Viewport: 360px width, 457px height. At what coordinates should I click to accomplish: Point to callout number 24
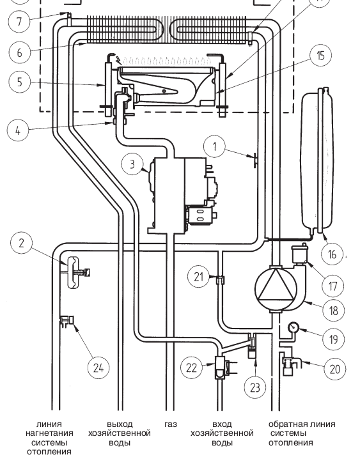tap(98, 368)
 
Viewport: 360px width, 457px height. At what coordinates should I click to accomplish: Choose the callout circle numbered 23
tap(254, 387)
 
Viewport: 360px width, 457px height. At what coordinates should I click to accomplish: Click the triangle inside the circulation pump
tap(276, 286)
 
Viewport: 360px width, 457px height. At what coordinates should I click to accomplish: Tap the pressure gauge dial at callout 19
tap(293, 327)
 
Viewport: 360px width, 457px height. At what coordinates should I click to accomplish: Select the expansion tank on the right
tap(317, 161)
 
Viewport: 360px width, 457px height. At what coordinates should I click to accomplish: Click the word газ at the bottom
tap(171, 424)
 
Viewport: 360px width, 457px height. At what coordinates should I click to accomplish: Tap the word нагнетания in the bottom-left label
tap(49, 433)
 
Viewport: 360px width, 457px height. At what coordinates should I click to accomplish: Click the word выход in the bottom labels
tap(120, 424)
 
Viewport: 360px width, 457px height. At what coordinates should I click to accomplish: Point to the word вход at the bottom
tap(222, 424)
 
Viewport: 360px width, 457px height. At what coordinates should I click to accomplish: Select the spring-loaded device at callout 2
tap(74, 272)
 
